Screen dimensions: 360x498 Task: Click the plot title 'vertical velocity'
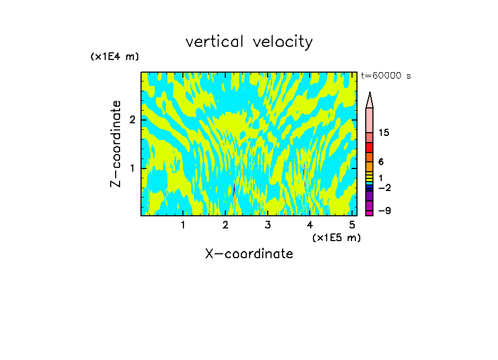coord(249,42)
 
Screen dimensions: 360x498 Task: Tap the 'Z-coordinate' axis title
coord(116,144)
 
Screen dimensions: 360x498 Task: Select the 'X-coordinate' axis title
coord(249,254)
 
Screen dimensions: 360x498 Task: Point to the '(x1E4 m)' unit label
coord(115,57)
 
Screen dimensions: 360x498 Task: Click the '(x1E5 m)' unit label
coord(336,237)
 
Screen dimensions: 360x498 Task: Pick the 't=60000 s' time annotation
coord(386,77)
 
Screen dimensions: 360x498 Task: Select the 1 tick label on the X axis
coord(183,225)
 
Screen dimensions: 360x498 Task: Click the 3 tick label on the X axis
coord(267,225)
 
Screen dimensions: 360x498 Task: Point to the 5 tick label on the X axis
coord(352,225)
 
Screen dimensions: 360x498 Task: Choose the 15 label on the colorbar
coord(384,133)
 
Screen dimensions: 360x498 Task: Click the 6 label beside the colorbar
coord(381,162)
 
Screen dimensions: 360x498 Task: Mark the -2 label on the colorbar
coord(384,188)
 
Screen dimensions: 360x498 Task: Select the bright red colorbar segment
coord(369,148)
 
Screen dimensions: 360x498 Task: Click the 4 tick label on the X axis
coord(310,225)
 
